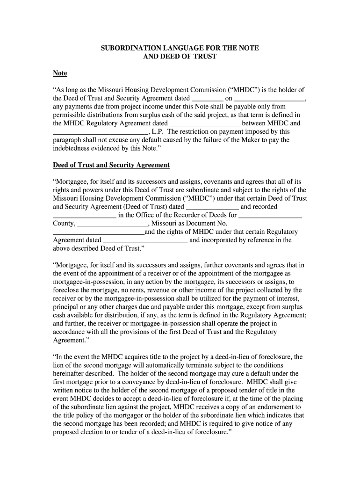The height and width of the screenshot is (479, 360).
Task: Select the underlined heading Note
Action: pos(59,73)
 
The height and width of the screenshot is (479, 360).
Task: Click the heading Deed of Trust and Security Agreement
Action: pos(111,165)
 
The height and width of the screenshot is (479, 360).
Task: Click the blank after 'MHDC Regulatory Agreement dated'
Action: pos(204,123)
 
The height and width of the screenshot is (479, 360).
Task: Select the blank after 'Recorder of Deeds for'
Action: pos(270,215)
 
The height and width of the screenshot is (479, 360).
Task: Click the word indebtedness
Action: pos(74,148)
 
